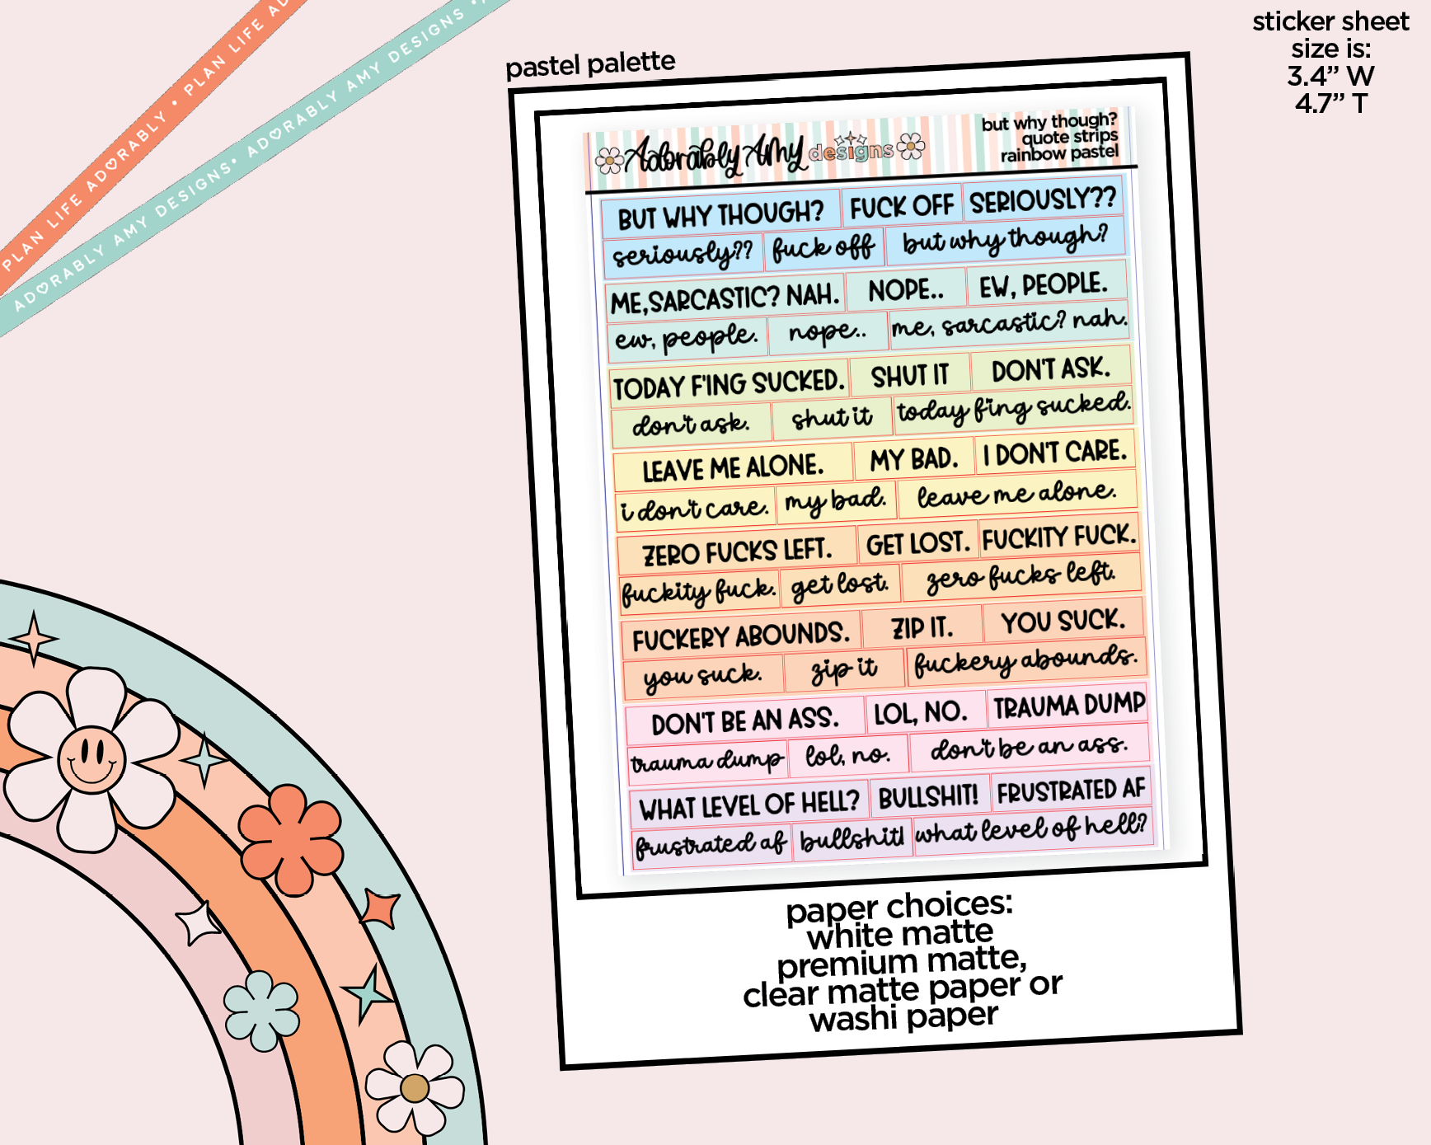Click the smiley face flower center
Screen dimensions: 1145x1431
[91, 758]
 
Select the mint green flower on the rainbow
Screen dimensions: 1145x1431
[261, 1011]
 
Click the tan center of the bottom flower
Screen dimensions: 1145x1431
[415, 1088]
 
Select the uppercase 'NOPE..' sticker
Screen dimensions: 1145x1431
[906, 290]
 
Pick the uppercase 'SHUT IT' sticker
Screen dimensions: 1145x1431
[910, 376]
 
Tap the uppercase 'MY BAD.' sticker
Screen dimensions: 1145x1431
[913, 459]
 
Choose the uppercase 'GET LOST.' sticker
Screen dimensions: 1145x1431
[917, 544]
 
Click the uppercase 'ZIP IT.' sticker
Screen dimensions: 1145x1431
[922, 628]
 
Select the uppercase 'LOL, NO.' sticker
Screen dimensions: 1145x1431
[920, 712]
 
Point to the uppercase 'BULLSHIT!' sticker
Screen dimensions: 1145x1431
[928, 796]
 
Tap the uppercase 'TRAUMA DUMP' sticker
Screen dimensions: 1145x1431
[1068, 706]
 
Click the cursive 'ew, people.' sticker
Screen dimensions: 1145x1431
[686, 337]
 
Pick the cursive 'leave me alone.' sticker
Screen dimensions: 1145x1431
[1016, 495]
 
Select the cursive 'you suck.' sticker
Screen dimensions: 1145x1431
[702, 676]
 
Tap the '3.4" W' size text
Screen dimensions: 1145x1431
[1330, 77]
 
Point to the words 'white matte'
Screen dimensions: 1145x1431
[900, 934]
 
